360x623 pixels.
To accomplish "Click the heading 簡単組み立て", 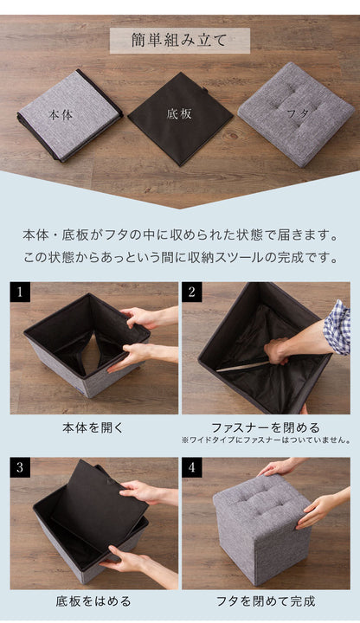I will pos(179,41).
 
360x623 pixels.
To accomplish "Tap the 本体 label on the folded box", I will pos(61,114).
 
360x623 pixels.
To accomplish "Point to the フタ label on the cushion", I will pos(296,112).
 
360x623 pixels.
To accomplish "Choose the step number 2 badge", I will pos(192,292).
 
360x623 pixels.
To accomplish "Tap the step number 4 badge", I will pos(192,468).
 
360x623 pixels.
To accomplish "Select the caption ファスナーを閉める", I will pos(266,427).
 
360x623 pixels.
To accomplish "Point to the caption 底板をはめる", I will pos(93,600).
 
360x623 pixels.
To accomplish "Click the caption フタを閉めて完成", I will pos(266,600).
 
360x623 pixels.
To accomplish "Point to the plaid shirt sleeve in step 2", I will pos(337,327).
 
